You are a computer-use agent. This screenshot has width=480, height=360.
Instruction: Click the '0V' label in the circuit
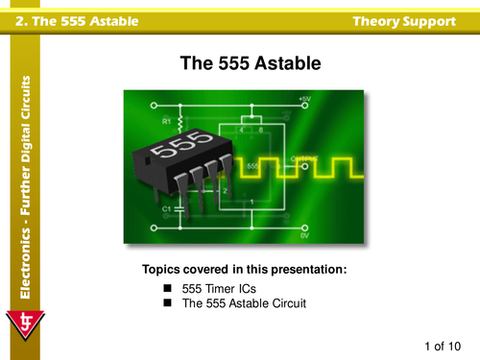point(303,234)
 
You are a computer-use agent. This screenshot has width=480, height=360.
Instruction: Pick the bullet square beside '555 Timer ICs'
point(166,288)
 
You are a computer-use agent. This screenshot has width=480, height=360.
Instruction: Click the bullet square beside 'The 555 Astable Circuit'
point(166,303)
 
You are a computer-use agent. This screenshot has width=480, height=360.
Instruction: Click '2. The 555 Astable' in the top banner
point(64,20)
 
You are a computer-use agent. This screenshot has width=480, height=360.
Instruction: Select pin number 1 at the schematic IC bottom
point(252,201)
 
